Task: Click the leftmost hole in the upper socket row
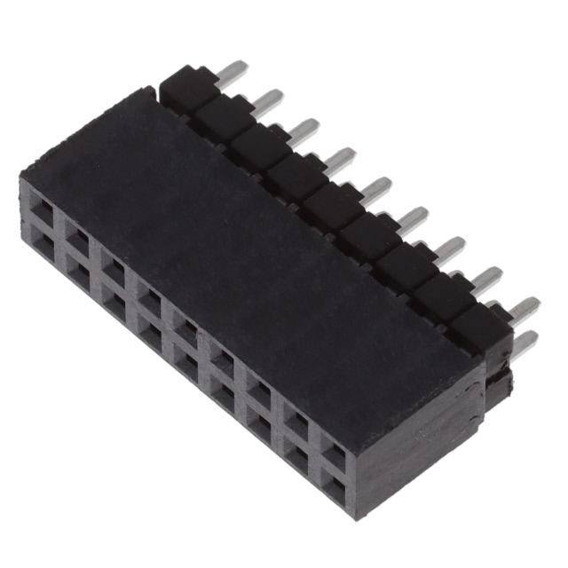tap(41, 210)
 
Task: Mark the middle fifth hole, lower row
tap(185, 361)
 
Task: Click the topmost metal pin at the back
tap(233, 70)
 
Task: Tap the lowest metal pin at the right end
tap(525, 343)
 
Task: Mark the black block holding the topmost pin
tap(188, 86)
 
